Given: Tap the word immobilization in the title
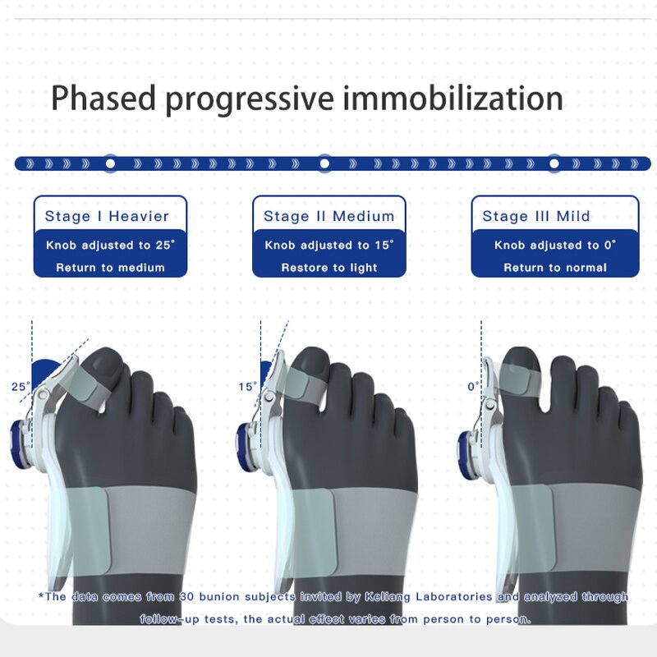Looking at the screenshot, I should click(453, 99).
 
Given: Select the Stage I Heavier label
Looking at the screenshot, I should click(107, 217).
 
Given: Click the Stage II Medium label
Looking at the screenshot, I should click(328, 217).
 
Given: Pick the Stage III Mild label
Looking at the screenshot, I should click(536, 217).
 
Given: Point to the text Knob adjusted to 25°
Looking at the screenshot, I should click(111, 245).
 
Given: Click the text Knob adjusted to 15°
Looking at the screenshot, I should click(329, 245).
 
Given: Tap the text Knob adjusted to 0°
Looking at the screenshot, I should click(555, 245).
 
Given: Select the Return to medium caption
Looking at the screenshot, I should click(110, 267).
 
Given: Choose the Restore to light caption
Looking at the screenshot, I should click(329, 267).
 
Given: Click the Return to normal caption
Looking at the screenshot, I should click(555, 267).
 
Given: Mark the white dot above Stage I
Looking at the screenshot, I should click(110, 163).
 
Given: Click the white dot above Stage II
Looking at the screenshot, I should click(324, 163).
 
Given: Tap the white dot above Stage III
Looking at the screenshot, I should click(554, 163).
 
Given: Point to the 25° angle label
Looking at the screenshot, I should click(21, 385).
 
